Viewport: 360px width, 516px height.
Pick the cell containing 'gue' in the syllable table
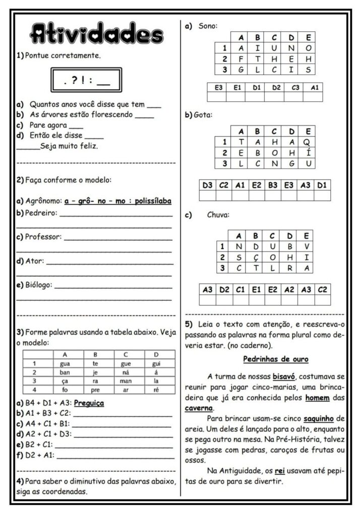[126, 363]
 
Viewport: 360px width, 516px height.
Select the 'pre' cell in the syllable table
[96, 390]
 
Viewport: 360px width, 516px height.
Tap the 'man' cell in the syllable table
[126, 381]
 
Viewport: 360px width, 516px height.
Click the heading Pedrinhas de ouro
[275, 359]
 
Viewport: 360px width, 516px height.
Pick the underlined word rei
[280, 471]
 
